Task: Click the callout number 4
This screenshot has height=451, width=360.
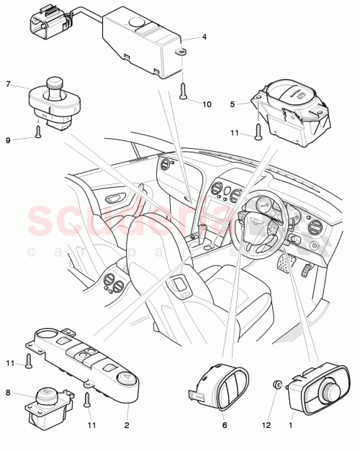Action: click(204, 37)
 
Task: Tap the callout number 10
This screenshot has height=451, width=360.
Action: click(207, 104)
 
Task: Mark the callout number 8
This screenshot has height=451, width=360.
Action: click(9, 393)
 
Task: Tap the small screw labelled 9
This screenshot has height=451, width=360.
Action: click(37, 131)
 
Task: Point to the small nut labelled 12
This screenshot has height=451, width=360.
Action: click(276, 386)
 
